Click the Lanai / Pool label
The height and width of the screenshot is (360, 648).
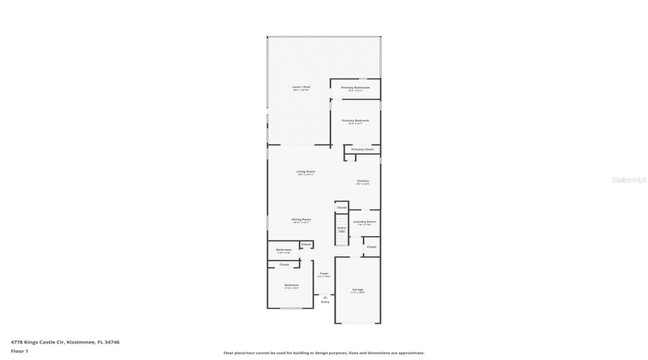(x=300, y=86)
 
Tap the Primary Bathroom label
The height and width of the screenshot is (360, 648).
(x=355, y=87)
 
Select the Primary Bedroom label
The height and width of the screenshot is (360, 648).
(x=355, y=120)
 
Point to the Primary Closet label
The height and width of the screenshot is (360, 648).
(x=362, y=149)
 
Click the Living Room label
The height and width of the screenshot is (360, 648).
(x=305, y=171)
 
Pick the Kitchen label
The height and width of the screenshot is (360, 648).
(x=362, y=181)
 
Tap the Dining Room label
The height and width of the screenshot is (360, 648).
(x=301, y=219)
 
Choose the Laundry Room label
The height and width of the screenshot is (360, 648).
(x=364, y=222)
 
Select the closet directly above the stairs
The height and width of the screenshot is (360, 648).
(x=341, y=207)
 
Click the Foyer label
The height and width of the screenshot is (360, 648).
(x=324, y=274)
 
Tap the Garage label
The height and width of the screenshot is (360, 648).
(x=357, y=289)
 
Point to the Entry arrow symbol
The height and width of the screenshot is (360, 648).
(x=325, y=296)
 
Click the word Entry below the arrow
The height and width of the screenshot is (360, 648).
(x=325, y=302)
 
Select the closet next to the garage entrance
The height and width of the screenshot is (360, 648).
(x=371, y=247)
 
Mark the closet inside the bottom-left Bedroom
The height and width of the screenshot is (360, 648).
(x=284, y=264)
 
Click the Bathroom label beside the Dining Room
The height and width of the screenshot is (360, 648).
(x=283, y=250)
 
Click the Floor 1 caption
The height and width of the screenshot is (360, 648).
(x=19, y=351)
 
